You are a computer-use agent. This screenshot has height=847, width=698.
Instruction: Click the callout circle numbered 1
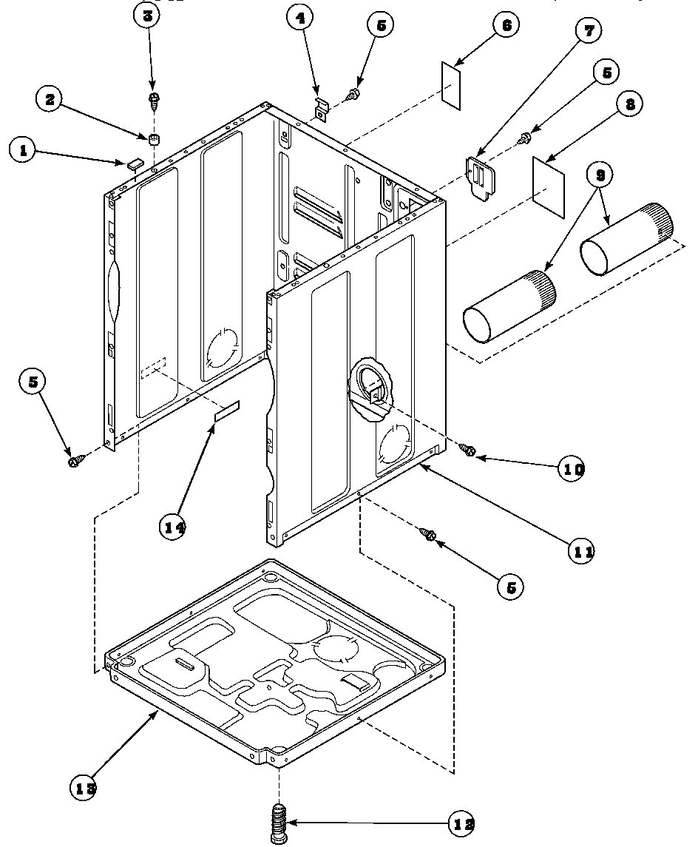[x=24, y=151]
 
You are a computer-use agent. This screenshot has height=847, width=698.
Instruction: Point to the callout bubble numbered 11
[x=581, y=550]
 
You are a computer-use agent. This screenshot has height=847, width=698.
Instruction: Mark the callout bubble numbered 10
[x=571, y=469]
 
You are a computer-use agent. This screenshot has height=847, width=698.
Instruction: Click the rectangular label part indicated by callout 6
[x=453, y=84]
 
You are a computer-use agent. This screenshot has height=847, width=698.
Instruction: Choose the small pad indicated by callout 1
[x=132, y=164]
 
